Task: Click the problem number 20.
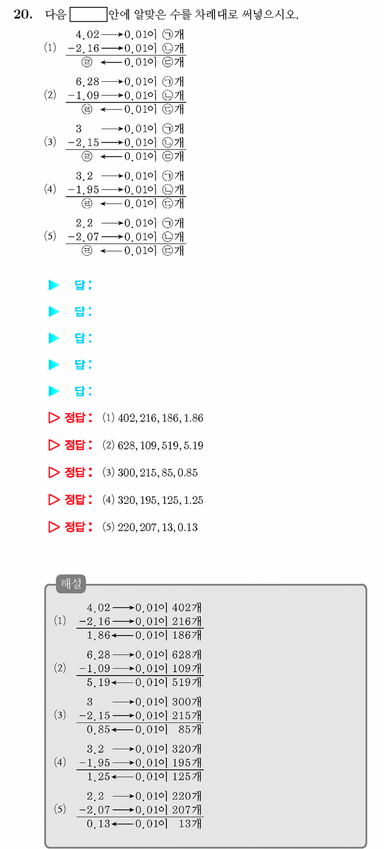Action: [x=23, y=14]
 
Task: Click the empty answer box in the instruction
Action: [x=89, y=14]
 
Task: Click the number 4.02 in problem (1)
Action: [x=87, y=34]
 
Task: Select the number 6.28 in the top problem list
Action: [x=87, y=82]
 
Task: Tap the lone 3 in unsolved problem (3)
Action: [x=79, y=129]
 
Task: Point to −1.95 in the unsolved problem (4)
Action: [x=83, y=190]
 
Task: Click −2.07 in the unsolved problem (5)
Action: [x=83, y=237]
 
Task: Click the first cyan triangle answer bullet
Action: [x=54, y=285]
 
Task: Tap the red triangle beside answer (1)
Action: [x=54, y=418]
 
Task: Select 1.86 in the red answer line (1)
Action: [x=193, y=418]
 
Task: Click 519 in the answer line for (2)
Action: [x=170, y=446]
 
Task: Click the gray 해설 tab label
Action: [x=71, y=583]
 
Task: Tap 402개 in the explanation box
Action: [x=187, y=608]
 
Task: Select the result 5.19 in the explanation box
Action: [x=99, y=683]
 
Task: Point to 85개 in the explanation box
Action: [x=190, y=729]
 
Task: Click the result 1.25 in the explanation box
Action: [x=99, y=777]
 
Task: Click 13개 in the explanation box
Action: [x=190, y=824]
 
